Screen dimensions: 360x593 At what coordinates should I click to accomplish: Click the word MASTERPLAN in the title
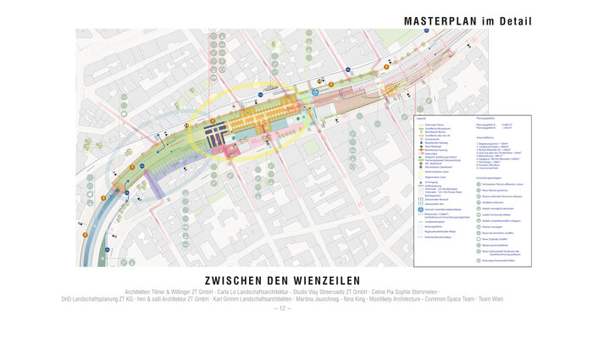448,20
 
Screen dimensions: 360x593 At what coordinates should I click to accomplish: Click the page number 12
283,307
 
